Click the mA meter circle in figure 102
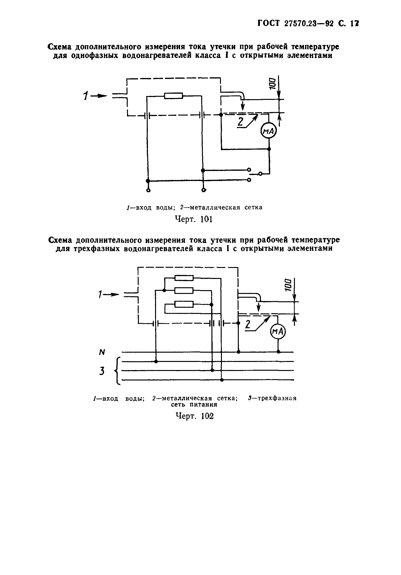(278, 331)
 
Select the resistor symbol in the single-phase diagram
(173, 96)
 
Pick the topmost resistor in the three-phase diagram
(184, 278)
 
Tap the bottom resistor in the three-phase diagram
(184, 304)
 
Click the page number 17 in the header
(355, 24)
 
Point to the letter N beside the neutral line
(102, 352)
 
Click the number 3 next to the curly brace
(102, 371)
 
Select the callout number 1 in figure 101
(86, 96)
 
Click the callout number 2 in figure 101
(240, 122)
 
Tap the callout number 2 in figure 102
(248, 325)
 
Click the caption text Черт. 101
(193, 219)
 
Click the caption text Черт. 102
(195, 416)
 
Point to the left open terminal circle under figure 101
(148, 190)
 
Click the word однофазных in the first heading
(95, 55)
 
